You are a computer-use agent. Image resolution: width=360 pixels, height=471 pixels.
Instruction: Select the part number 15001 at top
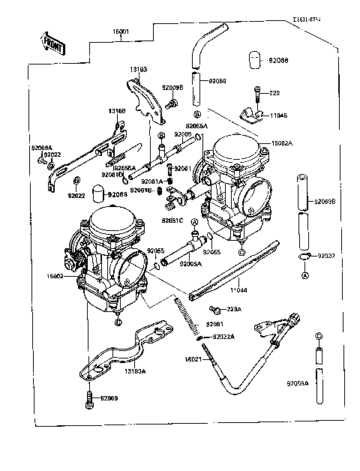121,32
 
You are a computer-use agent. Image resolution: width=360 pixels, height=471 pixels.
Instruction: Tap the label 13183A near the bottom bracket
136,370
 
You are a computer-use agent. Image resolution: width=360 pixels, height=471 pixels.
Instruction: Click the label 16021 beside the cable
194,360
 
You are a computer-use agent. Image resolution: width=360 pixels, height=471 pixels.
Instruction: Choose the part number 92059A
298,383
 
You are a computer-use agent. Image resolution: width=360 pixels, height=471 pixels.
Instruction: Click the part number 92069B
326,202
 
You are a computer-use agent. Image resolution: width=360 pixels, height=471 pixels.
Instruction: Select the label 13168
116,111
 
